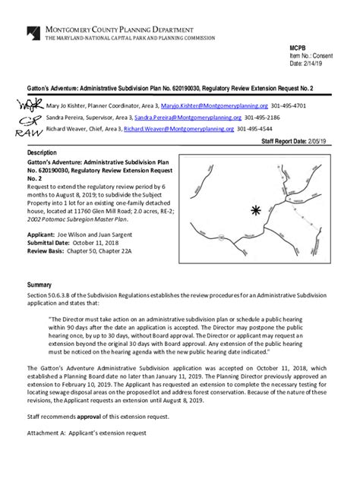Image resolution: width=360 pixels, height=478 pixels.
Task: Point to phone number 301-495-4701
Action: point(289,107)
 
